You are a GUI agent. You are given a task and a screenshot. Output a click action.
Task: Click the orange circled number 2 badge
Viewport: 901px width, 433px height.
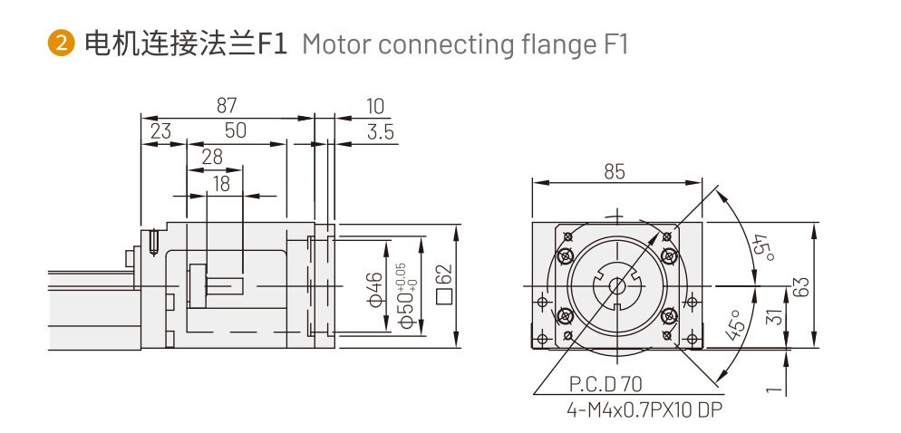(61, 43)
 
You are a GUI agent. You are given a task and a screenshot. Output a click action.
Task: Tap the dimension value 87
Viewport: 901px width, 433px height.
(227, 105)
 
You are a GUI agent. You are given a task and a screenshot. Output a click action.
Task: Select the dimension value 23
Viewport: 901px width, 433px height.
(160, 131)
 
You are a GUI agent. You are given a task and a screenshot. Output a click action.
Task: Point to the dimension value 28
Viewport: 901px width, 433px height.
(212, 157)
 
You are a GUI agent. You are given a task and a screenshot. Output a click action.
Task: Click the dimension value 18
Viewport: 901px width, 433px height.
(220, 184)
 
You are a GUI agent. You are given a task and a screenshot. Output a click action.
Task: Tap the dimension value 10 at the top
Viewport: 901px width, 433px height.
(375, 106)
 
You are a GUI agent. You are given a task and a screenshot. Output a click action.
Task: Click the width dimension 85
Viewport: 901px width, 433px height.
(615, 170)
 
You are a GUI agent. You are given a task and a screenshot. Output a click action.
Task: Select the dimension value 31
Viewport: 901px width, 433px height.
(773, 317)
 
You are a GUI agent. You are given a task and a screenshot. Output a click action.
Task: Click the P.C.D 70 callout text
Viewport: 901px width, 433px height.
(606, 384)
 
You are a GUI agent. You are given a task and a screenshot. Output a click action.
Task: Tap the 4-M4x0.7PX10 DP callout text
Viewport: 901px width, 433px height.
(644, 410)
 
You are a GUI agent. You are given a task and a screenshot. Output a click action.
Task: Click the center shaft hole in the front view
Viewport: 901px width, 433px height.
(616, 286)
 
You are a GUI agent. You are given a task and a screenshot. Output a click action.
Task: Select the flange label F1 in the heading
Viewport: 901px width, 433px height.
(272, 43)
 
